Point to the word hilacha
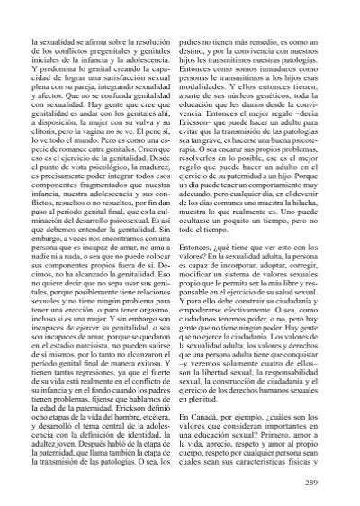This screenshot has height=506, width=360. click(319, 208)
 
